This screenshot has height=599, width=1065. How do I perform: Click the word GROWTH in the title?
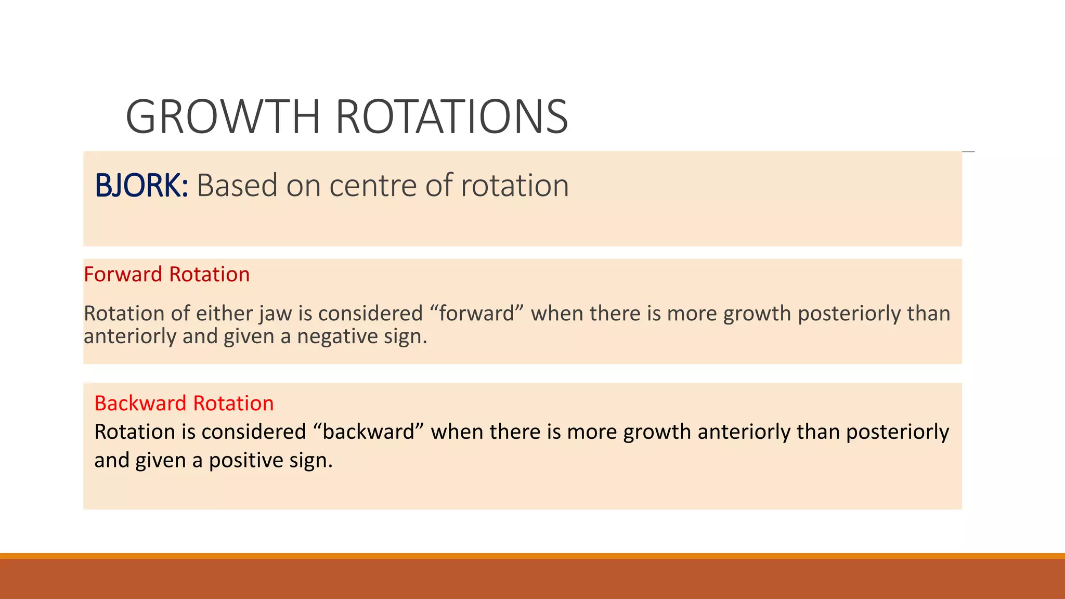coord(223,116)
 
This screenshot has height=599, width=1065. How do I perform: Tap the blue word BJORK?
coord(141,186)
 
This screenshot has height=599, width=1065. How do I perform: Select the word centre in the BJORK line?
coord(373,186)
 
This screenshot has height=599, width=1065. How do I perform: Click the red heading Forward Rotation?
coord(166,275)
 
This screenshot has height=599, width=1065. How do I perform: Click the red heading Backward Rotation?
coord(184,403)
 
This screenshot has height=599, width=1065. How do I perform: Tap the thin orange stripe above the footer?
coord(532,556)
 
